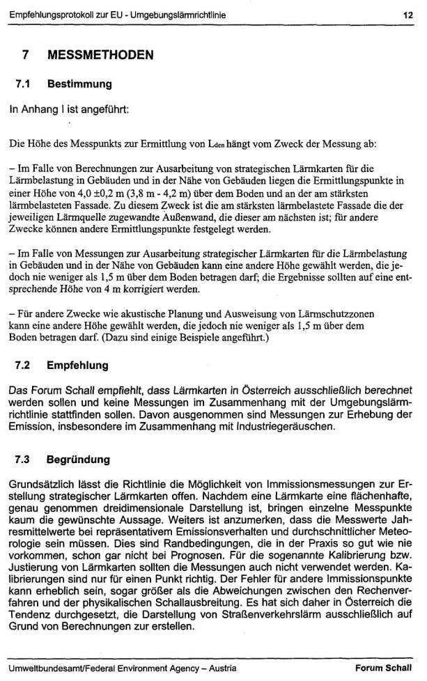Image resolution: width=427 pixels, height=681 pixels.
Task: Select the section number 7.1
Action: (x=22, y=84)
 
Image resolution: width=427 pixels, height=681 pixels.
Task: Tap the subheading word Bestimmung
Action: (x=79, y=84)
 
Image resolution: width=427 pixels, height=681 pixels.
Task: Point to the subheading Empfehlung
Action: (x=79, y=364)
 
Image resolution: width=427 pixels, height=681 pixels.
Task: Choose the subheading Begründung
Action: (x=79, y=460)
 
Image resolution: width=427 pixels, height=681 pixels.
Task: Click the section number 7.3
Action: (x=22, y=460)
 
